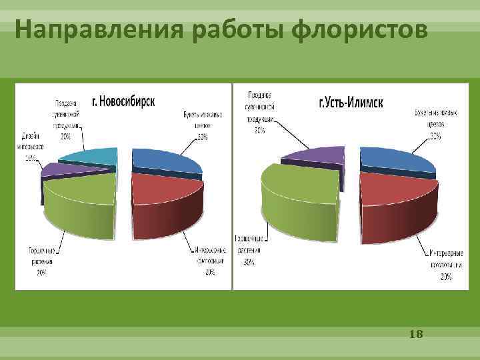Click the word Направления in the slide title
[99, 30]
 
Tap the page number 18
[416, 333]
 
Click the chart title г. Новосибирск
[123, 101]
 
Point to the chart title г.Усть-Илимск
[350, 103]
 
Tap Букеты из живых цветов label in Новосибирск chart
[203, 124]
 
